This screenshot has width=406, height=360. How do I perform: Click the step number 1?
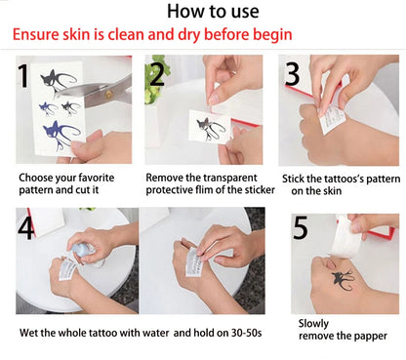(23, 76)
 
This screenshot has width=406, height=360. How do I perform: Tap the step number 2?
(157, 74)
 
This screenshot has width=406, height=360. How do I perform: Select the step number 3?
(293, 74)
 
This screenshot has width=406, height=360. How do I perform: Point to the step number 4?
(26, 227)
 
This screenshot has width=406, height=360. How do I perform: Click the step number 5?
(301, 227)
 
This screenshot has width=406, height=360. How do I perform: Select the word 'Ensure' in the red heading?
(36, 34)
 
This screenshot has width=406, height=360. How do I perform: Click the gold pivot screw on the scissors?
(109, 95)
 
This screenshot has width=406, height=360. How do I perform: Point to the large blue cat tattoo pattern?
(61, 135)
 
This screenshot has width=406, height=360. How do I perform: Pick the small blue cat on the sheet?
(48, 108)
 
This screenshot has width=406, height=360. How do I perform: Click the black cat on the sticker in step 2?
(210, 128)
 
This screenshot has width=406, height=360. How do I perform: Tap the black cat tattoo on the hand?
(343, 280)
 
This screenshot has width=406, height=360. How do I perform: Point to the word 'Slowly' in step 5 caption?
(313, 324)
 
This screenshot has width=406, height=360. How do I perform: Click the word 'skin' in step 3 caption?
(332, 191)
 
